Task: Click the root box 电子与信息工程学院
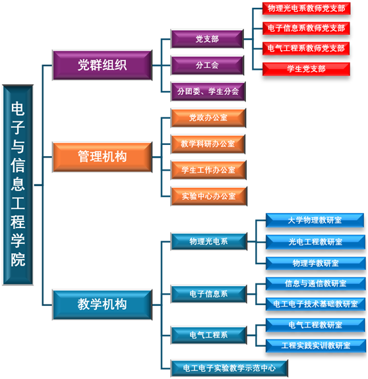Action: pos(18,185)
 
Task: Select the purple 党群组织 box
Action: pos(102,65)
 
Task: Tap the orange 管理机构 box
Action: pos(102,157)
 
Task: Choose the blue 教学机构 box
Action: pos(102,305)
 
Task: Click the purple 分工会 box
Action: pos(207,65)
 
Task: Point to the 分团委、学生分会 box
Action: pos(208,92)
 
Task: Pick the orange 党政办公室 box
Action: pos(208,118)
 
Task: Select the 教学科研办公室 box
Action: pos(208,144)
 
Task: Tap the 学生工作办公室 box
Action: pos(208,170)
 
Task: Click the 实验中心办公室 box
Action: pos(209,196)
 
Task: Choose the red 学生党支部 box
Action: pos(307,69)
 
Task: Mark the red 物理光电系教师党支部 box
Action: pos(307,9)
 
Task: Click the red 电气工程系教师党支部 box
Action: pos(306,49)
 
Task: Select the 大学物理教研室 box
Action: pos(315,220)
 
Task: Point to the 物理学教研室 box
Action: pos(315,263)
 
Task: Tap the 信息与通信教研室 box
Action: pos(315,283)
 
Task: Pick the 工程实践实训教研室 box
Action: pos(316,345)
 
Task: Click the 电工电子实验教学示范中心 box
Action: pos(230,368)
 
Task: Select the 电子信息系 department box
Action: pos(208,294)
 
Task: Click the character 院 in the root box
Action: pos(18,259)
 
